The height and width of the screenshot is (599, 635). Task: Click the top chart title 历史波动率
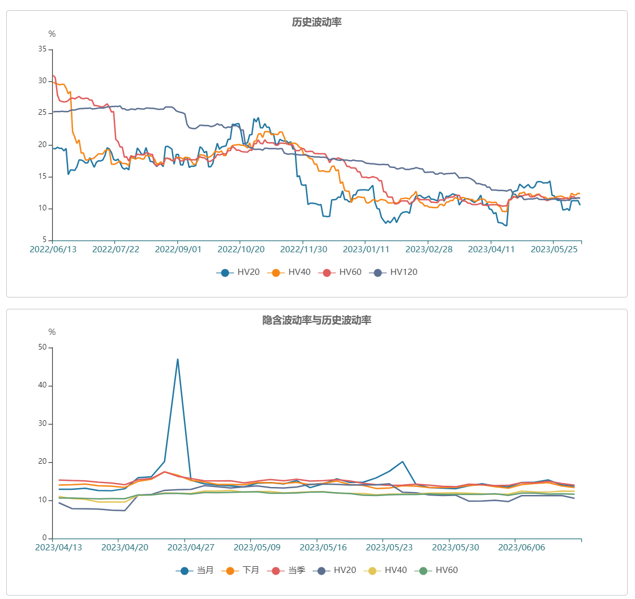click(317, 23)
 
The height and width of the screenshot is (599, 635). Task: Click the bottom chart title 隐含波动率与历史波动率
click(317, 321)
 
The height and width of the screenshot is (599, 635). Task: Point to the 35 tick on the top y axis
click(42, 49)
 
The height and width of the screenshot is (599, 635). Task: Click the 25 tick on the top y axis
click(42, 113)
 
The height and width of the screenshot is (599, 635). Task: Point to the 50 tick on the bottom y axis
click(42, 347)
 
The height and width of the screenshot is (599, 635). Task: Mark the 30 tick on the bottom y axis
click(42, 424)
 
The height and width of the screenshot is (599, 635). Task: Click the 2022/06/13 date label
click(53, 249)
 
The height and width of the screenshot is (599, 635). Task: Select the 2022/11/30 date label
click(304, 249)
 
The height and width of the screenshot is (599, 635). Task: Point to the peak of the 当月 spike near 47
click(178, 359)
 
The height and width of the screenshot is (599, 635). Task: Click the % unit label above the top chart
click(52, 34)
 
